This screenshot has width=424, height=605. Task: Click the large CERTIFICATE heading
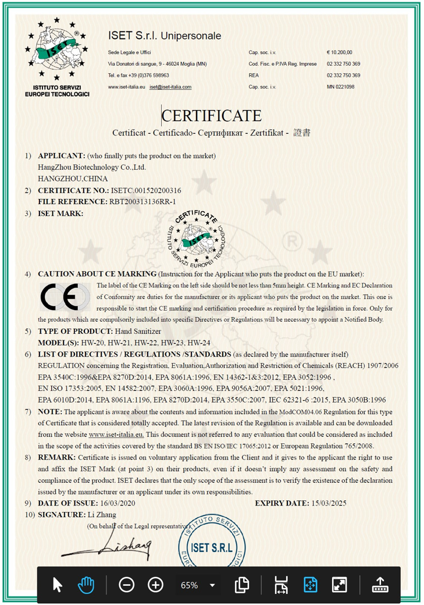coord(212,116)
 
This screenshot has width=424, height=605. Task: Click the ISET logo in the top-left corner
coord(57,51)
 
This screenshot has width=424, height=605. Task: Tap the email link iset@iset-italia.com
coord(170,87)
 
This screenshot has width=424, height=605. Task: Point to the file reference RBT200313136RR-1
coord(142,201)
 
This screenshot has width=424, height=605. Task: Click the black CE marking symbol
coord(59,298)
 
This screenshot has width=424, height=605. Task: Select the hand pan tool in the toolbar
coord(86,585)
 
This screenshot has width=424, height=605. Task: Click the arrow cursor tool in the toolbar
coord(57,585)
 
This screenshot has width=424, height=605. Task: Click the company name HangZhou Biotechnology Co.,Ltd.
coord(92,168)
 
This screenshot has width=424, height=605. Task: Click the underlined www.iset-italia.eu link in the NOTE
coord(116,435)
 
